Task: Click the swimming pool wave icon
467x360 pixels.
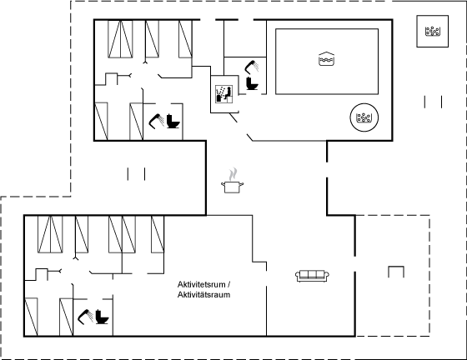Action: point(326,58)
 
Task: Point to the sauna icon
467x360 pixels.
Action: point(224,94)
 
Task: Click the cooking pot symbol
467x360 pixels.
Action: point(233,187)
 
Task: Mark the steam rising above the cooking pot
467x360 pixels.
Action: point(233,174)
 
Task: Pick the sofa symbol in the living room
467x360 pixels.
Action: point(312,276)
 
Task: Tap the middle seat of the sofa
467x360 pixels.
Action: point(312,275)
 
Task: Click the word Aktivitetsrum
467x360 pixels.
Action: point(201,284)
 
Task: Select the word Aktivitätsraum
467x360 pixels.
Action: point(203,295)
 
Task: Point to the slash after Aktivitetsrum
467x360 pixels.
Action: point(228,284)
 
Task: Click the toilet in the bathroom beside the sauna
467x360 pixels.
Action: point(252,83)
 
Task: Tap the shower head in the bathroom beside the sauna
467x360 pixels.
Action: point(252,67)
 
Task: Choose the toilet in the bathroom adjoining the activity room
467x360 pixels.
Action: point(102,317)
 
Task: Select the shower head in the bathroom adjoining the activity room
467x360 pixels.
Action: point(85,317)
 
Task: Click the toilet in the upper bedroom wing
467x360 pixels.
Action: point(173,121)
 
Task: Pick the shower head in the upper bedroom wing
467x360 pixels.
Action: point(157,121)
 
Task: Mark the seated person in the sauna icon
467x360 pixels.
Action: point(228,93)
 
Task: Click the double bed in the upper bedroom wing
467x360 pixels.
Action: point(120,39)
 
